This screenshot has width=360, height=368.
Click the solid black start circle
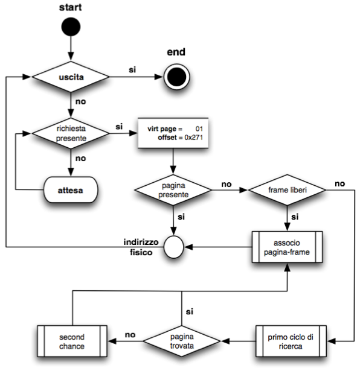pos(71,27)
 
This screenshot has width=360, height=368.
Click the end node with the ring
pos(177,77)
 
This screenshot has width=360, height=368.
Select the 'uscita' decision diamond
pos(71,77)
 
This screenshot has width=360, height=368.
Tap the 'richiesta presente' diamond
pos(71,133)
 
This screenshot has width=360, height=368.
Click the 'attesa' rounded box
pos(71,189)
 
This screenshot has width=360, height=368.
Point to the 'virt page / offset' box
pos(173,133)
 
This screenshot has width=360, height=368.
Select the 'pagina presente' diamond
pos(173,190)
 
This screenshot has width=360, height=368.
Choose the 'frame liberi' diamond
pos(287,190)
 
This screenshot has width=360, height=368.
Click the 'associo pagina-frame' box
pos(287,247)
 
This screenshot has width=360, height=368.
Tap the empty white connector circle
pos(173,247)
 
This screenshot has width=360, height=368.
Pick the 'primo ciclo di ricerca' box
pos(291,341)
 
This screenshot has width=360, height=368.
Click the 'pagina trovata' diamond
pos(182,341)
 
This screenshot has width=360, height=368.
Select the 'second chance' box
pos(72,341)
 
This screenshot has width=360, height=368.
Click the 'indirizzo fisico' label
pos(141,247)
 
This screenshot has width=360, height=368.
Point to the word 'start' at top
pos(71,7)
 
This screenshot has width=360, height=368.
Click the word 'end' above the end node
pos(176,52)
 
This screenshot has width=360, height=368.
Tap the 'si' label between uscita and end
pos(132,70)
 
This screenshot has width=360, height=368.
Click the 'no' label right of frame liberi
pos(340,183)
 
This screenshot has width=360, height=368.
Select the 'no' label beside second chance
pos(130,335)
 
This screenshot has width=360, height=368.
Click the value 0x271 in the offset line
pos(194,138)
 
